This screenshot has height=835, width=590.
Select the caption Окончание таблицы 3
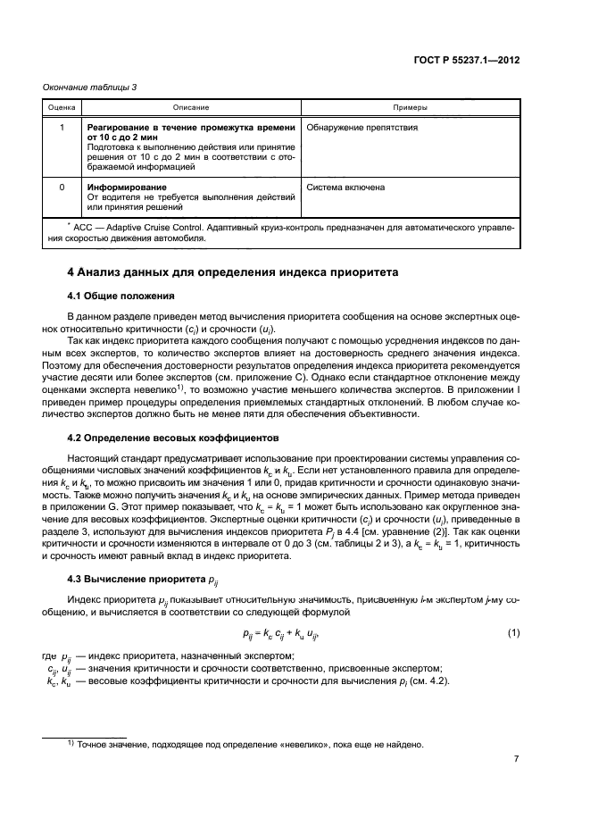88,87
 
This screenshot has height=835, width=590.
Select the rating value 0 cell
61,188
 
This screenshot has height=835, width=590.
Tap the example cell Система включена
345,188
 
